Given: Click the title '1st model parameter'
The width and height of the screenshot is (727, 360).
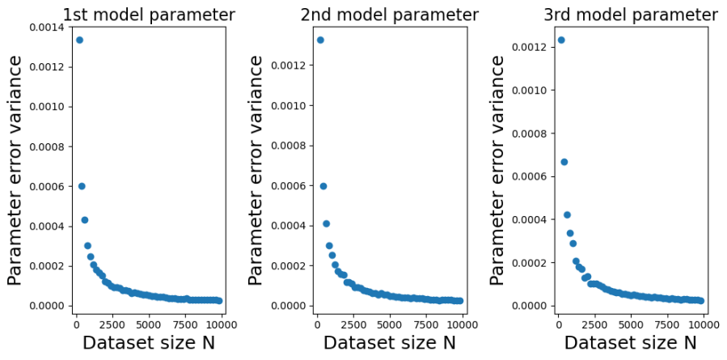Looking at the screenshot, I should (x=149, y=15).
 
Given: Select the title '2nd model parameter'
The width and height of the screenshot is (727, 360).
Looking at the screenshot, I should (x=390, y=15).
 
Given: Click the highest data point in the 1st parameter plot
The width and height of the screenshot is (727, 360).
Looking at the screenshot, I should (x=79, y=40).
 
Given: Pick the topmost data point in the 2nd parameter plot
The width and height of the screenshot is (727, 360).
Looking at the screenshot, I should (x=320, y=40).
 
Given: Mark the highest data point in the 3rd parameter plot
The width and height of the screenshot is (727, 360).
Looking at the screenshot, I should (x=561, y=40).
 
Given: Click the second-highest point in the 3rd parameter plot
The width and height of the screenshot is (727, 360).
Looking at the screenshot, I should (x=564, y=162).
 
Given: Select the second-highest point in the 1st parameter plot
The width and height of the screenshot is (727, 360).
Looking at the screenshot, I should (x=82, y=186).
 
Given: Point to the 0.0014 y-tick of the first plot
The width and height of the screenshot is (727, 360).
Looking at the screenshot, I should (x=47, y=28).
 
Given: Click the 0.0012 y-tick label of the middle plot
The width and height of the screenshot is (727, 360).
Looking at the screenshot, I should (x=289, y=66).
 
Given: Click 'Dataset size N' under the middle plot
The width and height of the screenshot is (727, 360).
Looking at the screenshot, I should (x=390, y=343).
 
